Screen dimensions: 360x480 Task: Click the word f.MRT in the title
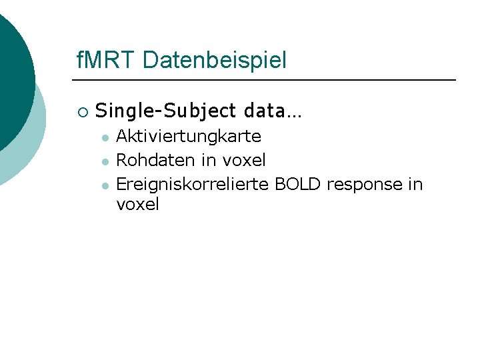tap(106, 61)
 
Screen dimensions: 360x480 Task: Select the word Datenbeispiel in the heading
tap(214, 61)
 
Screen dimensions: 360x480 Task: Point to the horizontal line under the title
tap(267, 80)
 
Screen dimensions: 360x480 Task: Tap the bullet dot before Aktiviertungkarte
tap(105, 138)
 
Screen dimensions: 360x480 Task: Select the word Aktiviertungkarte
tap(189, 137)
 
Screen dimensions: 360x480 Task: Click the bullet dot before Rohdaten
tap(105, 161)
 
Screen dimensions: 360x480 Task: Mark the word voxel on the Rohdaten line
tap(244, 160)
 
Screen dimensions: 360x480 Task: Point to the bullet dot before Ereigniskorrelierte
tap(105, 185)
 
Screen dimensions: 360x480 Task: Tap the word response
tap(364, 184)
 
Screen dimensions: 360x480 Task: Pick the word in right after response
tap(415, 183)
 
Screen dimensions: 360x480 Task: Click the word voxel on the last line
tap(137, 205)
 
